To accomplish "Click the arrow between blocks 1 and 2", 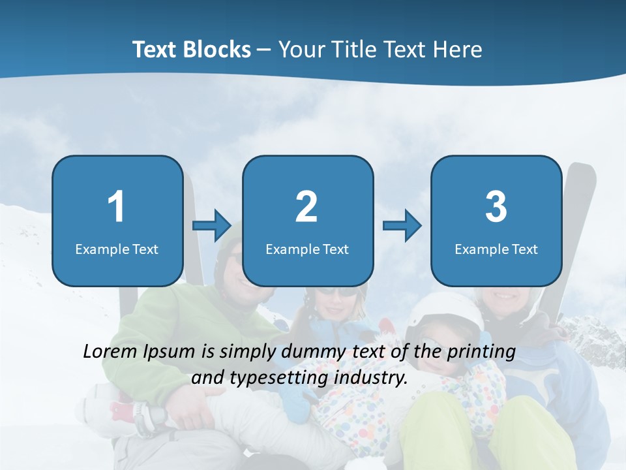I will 212,226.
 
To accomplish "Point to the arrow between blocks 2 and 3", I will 402,226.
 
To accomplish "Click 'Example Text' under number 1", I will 117,249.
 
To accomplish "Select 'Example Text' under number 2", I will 307,249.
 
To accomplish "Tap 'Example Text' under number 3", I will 496,249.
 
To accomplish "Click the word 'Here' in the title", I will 458,50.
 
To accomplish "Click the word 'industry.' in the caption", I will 371,378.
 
